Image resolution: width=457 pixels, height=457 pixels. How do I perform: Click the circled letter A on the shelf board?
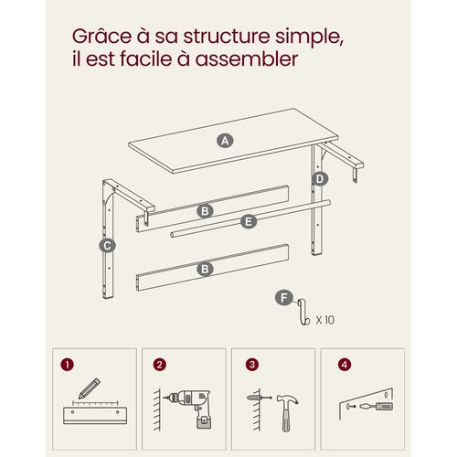pyautogui.click(x=224, y=140)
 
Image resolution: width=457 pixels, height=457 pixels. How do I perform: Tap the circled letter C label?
pyautogui.click(x=107, y=245)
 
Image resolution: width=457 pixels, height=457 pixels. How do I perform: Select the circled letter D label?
pyautogui.click(x=319, y=178)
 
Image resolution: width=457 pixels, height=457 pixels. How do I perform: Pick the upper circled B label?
pyautogui.click(x=206, y=210)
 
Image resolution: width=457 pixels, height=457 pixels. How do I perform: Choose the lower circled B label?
pyautogui.click(x=206, y=268)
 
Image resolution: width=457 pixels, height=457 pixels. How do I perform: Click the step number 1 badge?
pyautogui.click(x=66, y=364)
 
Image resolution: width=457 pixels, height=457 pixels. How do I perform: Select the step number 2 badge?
pyautogui.click(x=159, y=364)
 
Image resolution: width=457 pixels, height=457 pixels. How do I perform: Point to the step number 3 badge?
pyautogui.click(x=251, y=364)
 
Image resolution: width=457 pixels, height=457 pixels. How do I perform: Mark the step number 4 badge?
pyautogui.click(x=344, y=364)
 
